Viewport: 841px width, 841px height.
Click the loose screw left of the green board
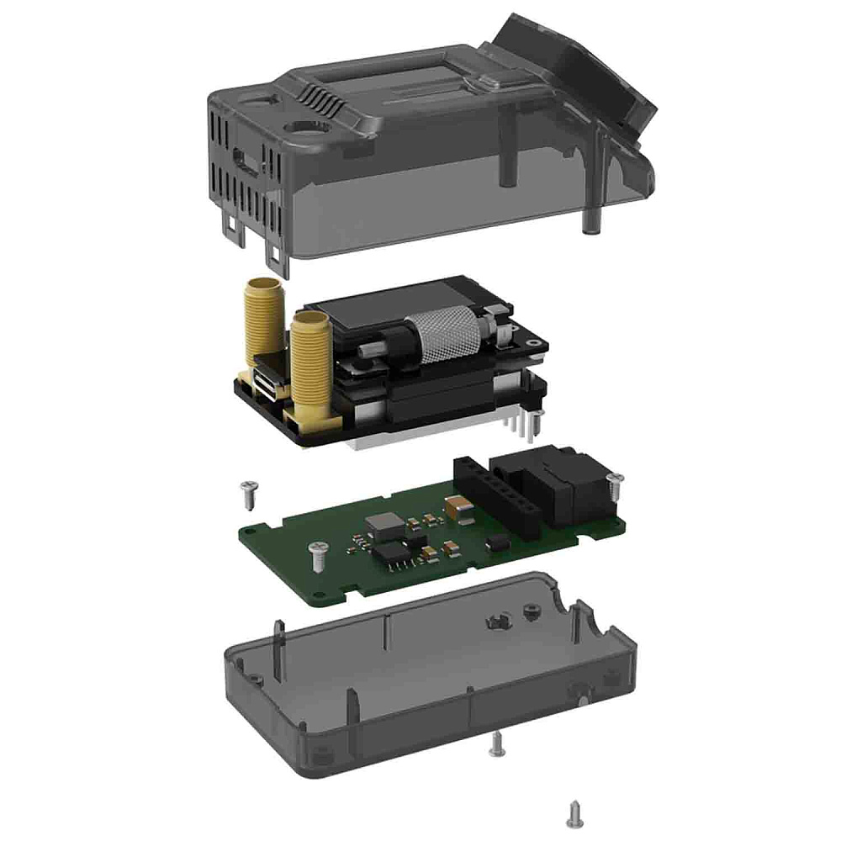[247, 494]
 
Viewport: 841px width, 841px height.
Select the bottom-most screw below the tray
[576, 811]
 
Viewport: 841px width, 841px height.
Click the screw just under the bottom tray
[497, 743]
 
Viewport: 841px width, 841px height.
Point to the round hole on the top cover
[301, 129]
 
